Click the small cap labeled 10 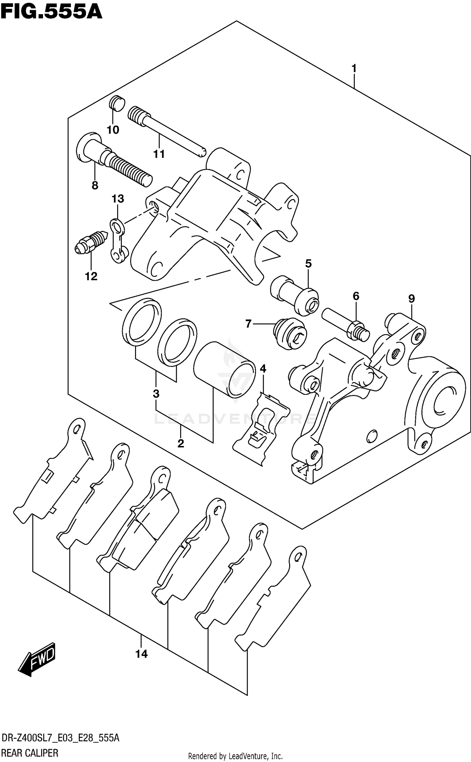point(117,103)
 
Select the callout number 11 point(159,154)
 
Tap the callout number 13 point(118,199)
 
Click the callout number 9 point(411,298)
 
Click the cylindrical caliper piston point(224,369)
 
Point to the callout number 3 point(156,393)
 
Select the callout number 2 point(181,444)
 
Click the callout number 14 point(141,654)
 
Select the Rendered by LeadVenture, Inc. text point(235,756)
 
